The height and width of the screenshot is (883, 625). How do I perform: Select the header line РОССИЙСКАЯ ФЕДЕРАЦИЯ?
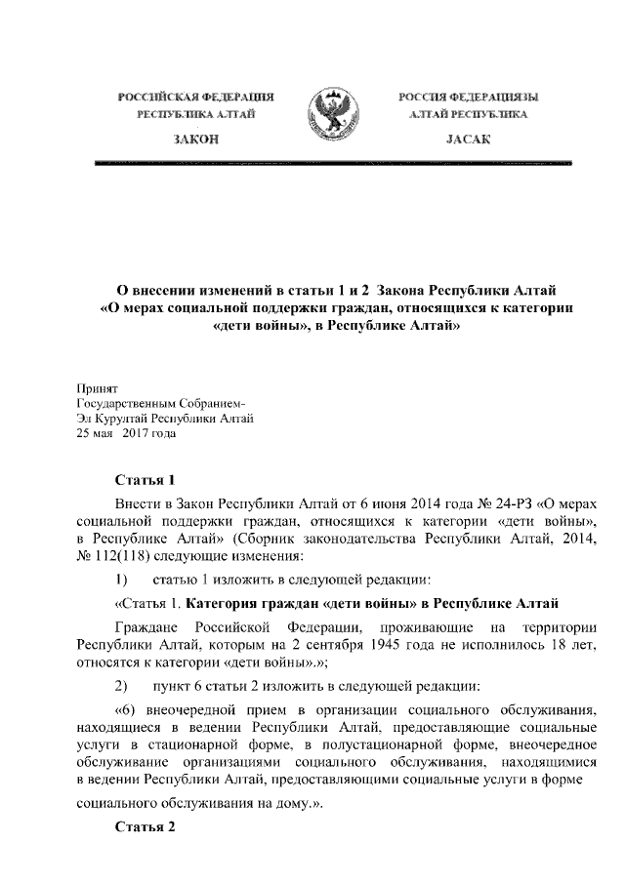pos(195,98)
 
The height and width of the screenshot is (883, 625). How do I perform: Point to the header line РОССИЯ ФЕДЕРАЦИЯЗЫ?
pos(468,98)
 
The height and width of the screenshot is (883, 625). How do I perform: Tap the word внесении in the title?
pos(170,291)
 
